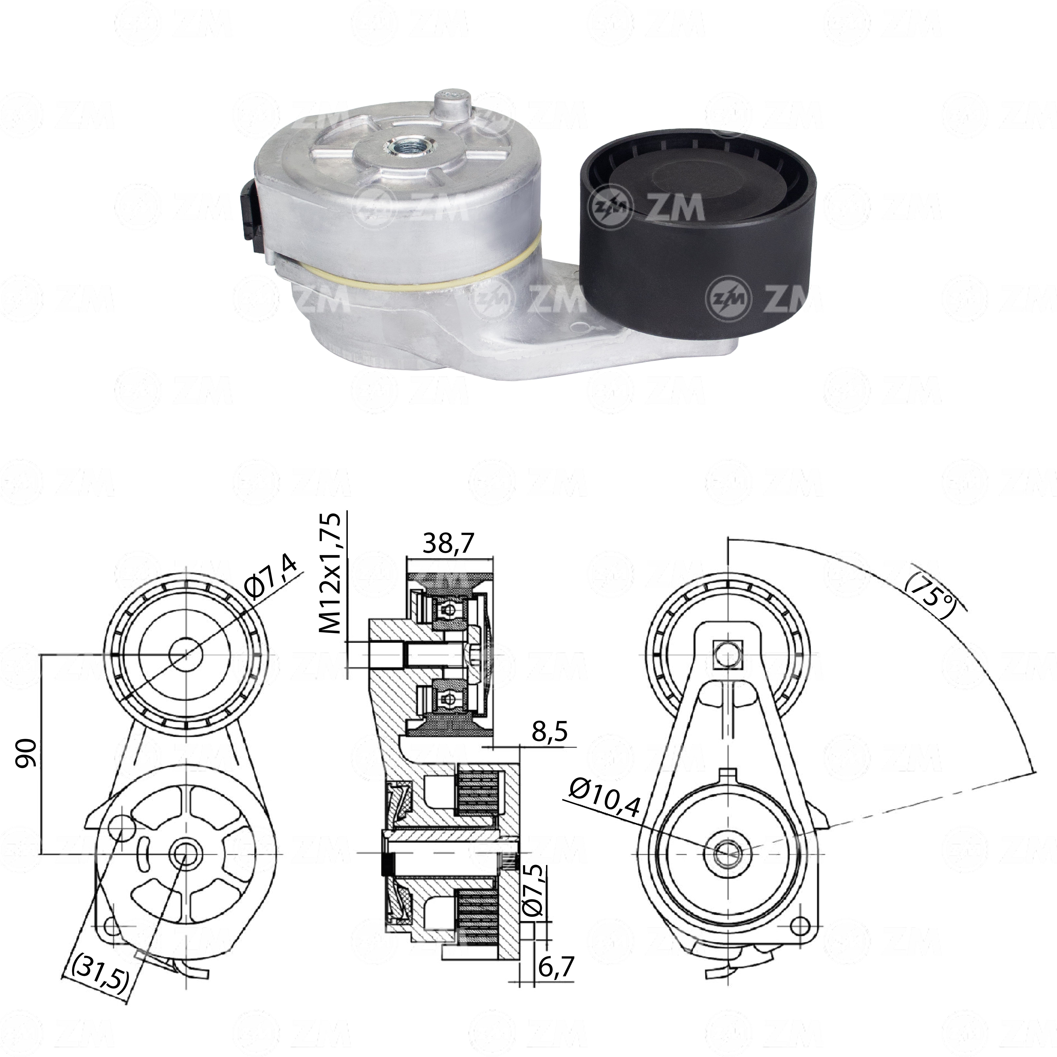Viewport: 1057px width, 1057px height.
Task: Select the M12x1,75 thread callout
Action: click(331, 573)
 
